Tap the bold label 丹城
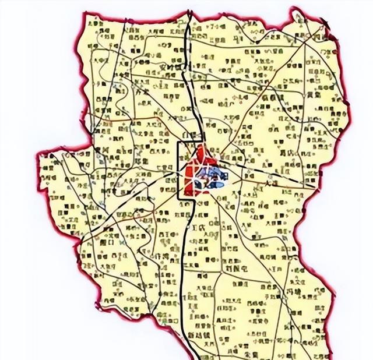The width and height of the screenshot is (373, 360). point(291,290)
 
